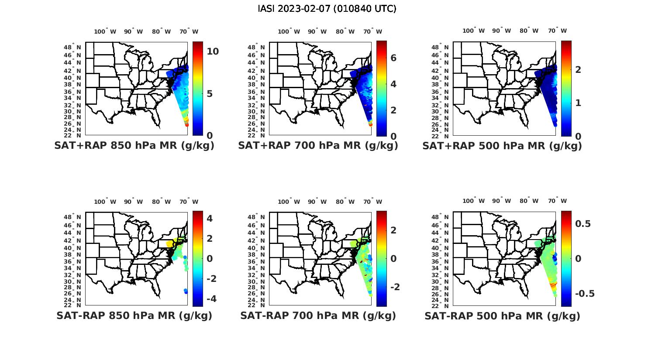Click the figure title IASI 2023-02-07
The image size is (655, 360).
coord(327,9)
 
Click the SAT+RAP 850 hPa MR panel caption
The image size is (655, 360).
coord(134,146)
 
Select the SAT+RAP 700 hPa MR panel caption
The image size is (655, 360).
coord(318,146)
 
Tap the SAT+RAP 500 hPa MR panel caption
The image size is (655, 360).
coord(502,146)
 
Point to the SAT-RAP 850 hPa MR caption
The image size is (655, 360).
coord(134,315)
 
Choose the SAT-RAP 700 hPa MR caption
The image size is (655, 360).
coord(318,315)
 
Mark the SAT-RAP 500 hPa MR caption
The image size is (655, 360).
coord(502,315)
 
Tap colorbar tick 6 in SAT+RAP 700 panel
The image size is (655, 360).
coord(393,58)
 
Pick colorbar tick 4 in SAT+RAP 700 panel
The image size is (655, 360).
coord(393,84)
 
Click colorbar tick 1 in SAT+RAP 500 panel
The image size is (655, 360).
coord(578,103)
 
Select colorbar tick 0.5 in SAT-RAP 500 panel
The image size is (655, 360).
coord(583,224)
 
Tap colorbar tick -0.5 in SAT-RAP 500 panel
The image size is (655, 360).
coord(585,293)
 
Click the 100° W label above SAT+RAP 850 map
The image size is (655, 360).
coord(105,31)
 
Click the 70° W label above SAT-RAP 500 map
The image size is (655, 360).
coord(557,201)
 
